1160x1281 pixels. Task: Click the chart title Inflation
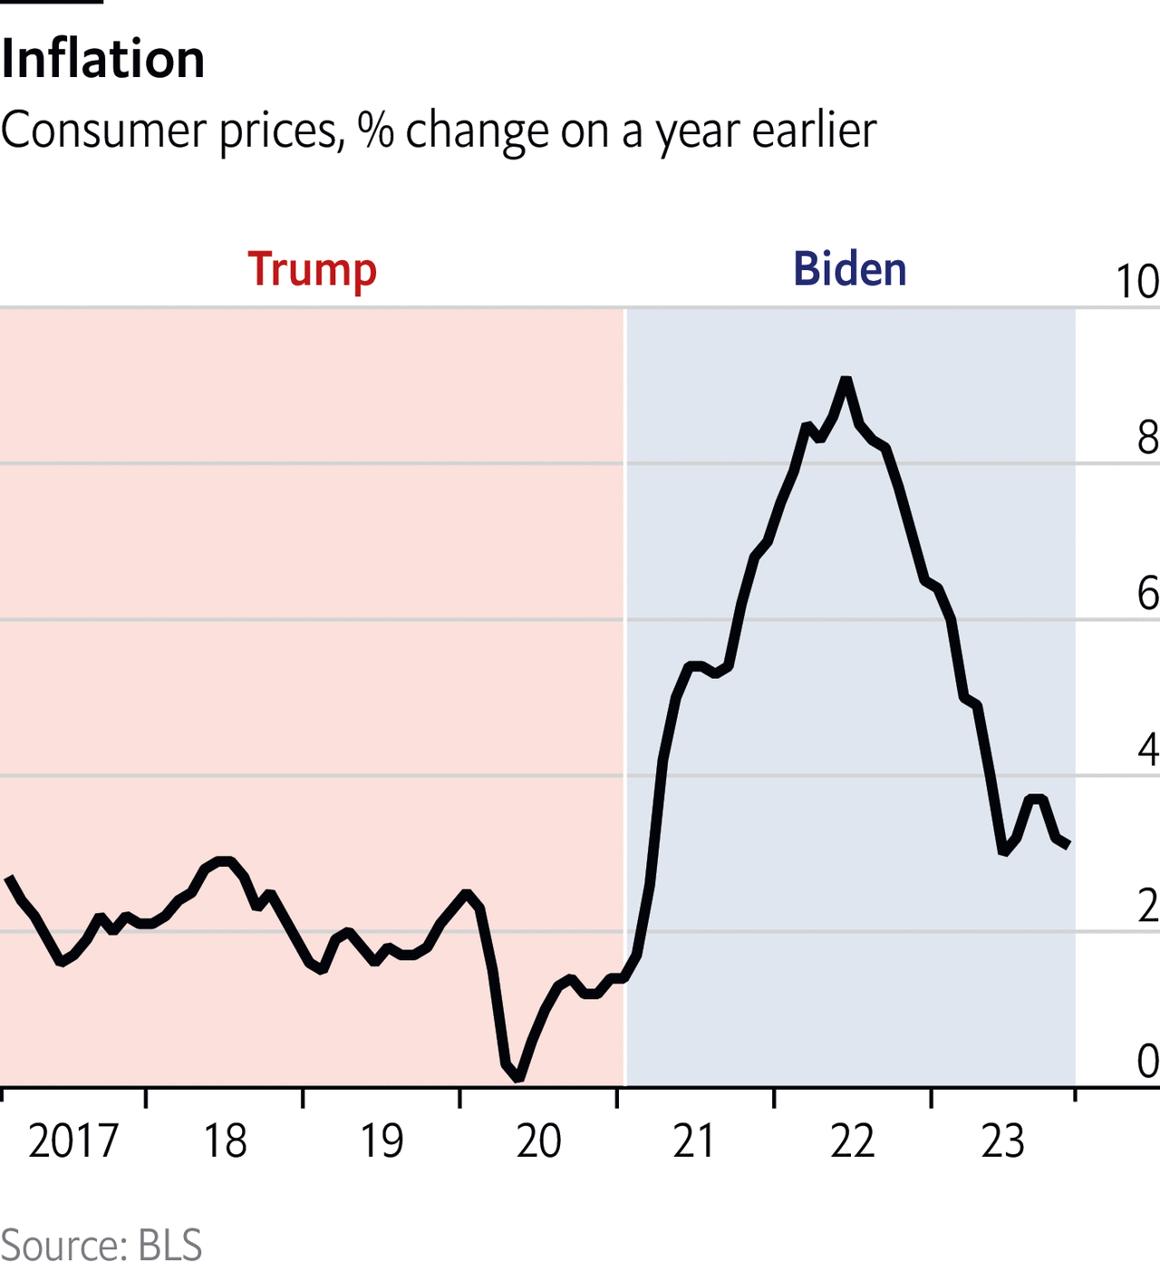click(102, 60)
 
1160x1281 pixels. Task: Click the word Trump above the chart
click(312, 270)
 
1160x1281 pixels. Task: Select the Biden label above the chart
click(849, 269)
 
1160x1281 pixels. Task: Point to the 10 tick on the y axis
click(1137, 282)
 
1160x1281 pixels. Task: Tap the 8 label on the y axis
click(1147, 438)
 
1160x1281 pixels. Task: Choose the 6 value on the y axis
click(1147, 594)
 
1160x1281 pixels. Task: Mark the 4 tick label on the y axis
click(1147, 750)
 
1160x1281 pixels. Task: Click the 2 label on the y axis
click(1147, 906)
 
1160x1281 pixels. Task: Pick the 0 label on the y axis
click(1147, 1062)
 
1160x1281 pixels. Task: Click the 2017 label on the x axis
click(73, 1141)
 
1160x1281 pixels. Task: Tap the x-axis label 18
click(225, 1141)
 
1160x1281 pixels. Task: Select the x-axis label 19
click(382, 1141)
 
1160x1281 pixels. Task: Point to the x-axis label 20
click(538, 1141)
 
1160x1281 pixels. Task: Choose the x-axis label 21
click(694, 1141)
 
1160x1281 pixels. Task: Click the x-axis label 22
click(852, 1141)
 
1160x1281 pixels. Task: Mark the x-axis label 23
click(1002, 1141)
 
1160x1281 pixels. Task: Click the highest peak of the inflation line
click(846, 379)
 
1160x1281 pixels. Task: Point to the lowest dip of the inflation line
click(518, 1078)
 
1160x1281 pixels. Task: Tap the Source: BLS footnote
click(101, 1246)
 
